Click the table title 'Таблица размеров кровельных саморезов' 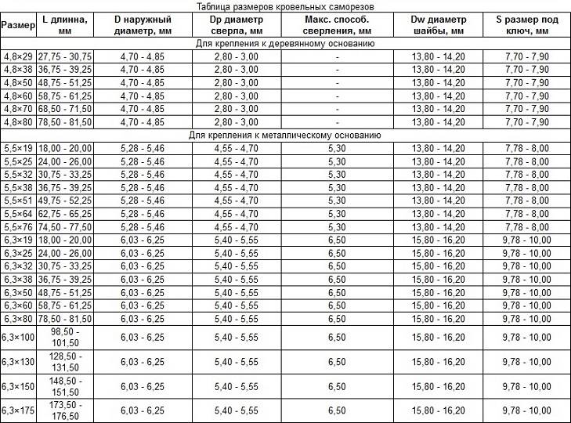click(x=285, y=5)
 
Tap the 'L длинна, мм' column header click(x=63, y=24)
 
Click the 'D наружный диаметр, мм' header click(x=143, y=24)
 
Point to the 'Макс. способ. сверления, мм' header click(x=336, y=24)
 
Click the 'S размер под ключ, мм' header click(x=526, y=24)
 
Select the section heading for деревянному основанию click(x=285, y=44)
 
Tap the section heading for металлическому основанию click(x=285, y=136)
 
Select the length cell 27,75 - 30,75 click(x=63, y=57)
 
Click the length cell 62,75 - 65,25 click(x=63, y=213)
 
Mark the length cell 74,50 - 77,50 click(x=63, y=226)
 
